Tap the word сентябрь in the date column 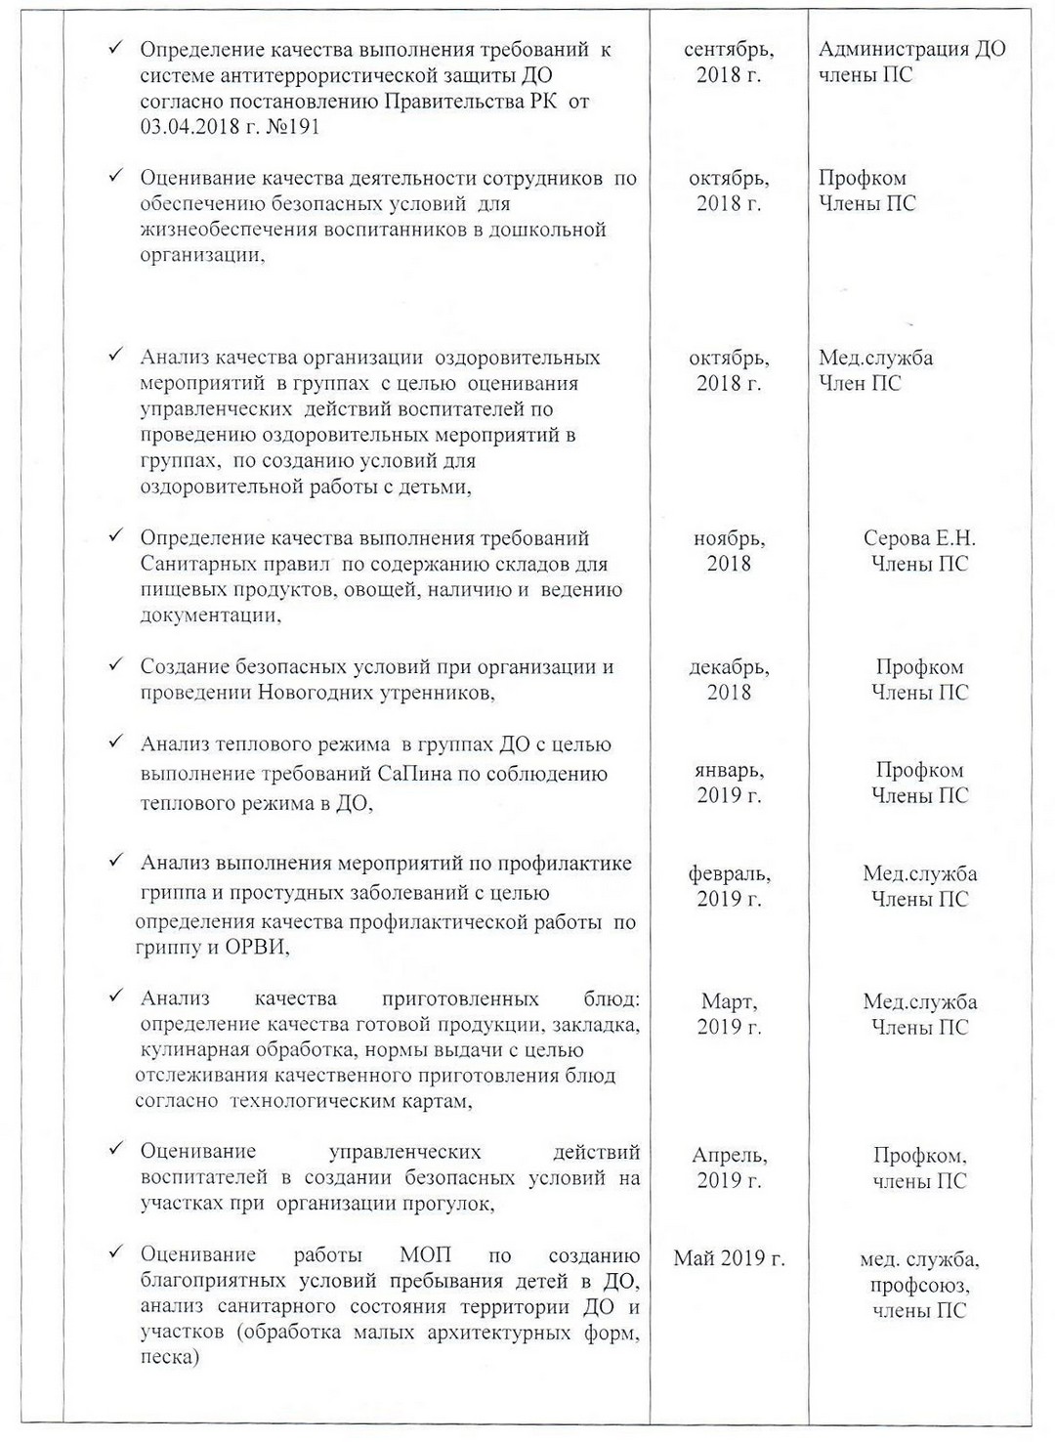coord(728,50)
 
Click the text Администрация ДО coord(912,50)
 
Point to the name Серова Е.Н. coord(919,538)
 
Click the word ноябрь coord(729,538)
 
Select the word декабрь coord(729,667)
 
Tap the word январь coord(729,771)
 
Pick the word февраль coord(729,873)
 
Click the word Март coord(728,1001)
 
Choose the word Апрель coord(729,1156)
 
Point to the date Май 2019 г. coord(729,1258)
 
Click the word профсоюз coord(918,1285)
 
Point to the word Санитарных coord(199,565)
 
